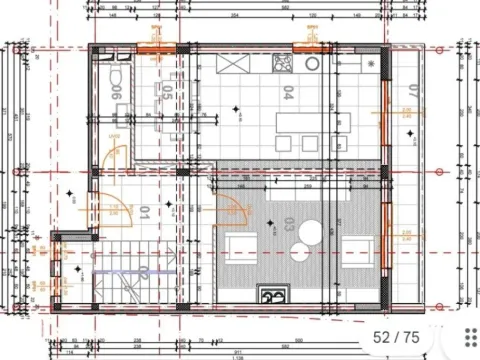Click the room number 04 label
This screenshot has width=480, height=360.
click(x=288, y=95)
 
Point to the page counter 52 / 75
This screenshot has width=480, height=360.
click(x=398, y=337)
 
